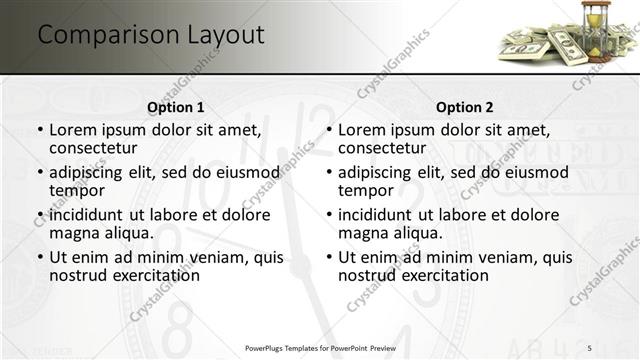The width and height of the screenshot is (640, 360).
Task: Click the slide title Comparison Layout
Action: tap(151, 35)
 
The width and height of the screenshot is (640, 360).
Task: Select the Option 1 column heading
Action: tap(176, 107)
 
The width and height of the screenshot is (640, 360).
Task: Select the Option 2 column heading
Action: tap(465, 107)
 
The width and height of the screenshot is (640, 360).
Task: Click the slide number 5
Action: tap(589, 347)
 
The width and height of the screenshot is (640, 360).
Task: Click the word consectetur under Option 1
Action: tap(93, 148)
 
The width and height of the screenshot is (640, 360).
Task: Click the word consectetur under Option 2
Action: tap(382, 148)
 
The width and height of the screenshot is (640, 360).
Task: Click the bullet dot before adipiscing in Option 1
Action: tap(40, 173)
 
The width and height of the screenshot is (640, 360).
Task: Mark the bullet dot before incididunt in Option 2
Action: tap(329, 215)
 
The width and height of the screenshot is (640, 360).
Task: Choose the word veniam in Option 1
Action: tap(214, 257)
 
